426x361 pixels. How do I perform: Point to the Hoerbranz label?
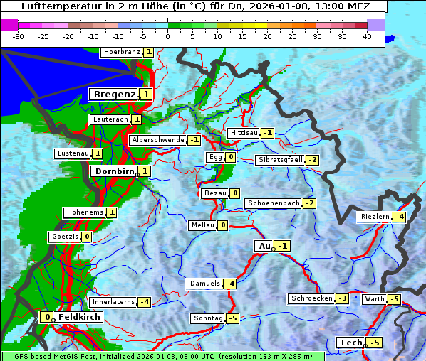coord(120,52)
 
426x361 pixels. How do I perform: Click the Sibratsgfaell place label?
coord(280,160)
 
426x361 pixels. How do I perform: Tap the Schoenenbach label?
coord(273,203)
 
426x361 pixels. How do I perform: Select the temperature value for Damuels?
coord(229,284)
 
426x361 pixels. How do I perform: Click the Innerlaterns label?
coord(113,302)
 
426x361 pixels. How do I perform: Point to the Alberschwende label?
coord(157,140)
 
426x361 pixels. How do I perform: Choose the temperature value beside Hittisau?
coord(267,133)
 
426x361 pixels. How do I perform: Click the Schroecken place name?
coord(311,298)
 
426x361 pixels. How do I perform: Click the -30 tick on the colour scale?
coord(19,36)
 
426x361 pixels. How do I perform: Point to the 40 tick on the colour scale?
coord(367,36)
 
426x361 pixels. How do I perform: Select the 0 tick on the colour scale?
coord(167,36)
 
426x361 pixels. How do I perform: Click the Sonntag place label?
coord(207,318)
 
